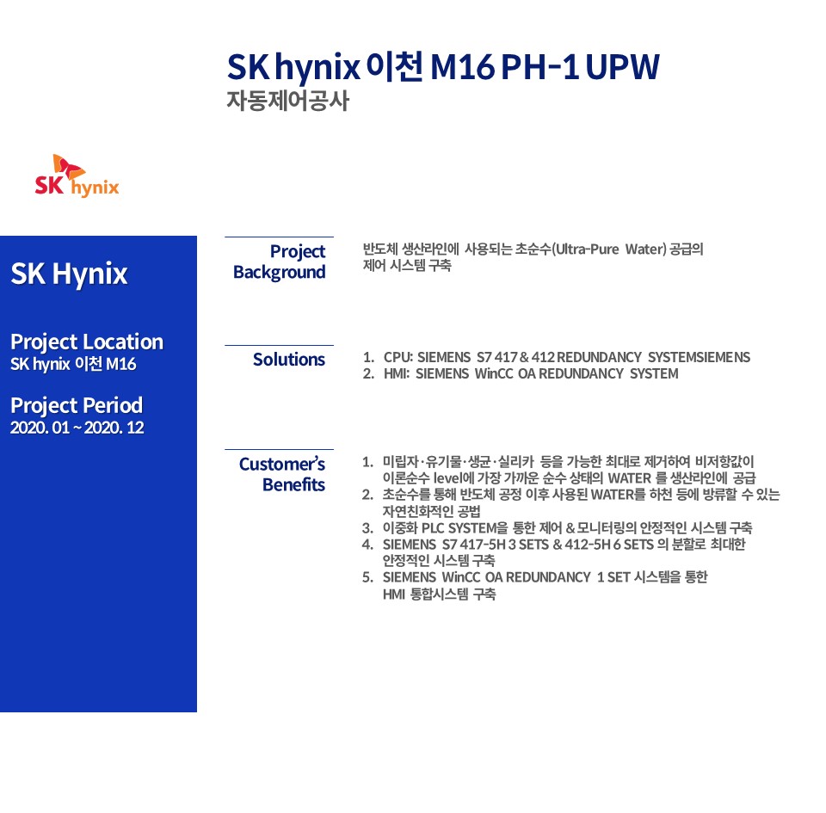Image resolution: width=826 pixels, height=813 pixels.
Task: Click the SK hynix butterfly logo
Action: (77, 176)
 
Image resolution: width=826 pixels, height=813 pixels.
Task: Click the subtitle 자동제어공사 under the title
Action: (287, 101)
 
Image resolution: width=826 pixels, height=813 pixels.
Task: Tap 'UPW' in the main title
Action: (622, 67)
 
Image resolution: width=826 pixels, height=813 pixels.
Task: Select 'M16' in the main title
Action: (462, 67)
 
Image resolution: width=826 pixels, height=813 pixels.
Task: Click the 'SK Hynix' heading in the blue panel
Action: (69, 274)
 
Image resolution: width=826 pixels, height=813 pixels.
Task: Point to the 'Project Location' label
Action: (87, 342)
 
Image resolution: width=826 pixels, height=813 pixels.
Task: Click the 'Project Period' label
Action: (77, 405)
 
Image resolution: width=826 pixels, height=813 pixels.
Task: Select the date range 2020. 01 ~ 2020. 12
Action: (77, 427)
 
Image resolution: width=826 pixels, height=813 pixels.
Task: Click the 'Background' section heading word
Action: (279, 272)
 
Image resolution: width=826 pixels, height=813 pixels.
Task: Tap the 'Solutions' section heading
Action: (289, 359)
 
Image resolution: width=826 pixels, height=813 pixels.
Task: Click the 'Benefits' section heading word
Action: (294, 484)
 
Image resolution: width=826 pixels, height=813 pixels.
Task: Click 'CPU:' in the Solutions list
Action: (398, 357)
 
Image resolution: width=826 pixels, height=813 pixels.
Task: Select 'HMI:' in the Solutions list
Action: (397, 373)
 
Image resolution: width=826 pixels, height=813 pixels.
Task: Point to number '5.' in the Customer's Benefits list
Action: (367, 577)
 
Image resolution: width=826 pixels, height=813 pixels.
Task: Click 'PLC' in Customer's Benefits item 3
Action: (433, 527)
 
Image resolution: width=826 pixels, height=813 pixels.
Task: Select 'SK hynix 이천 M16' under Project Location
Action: (73, 364)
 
